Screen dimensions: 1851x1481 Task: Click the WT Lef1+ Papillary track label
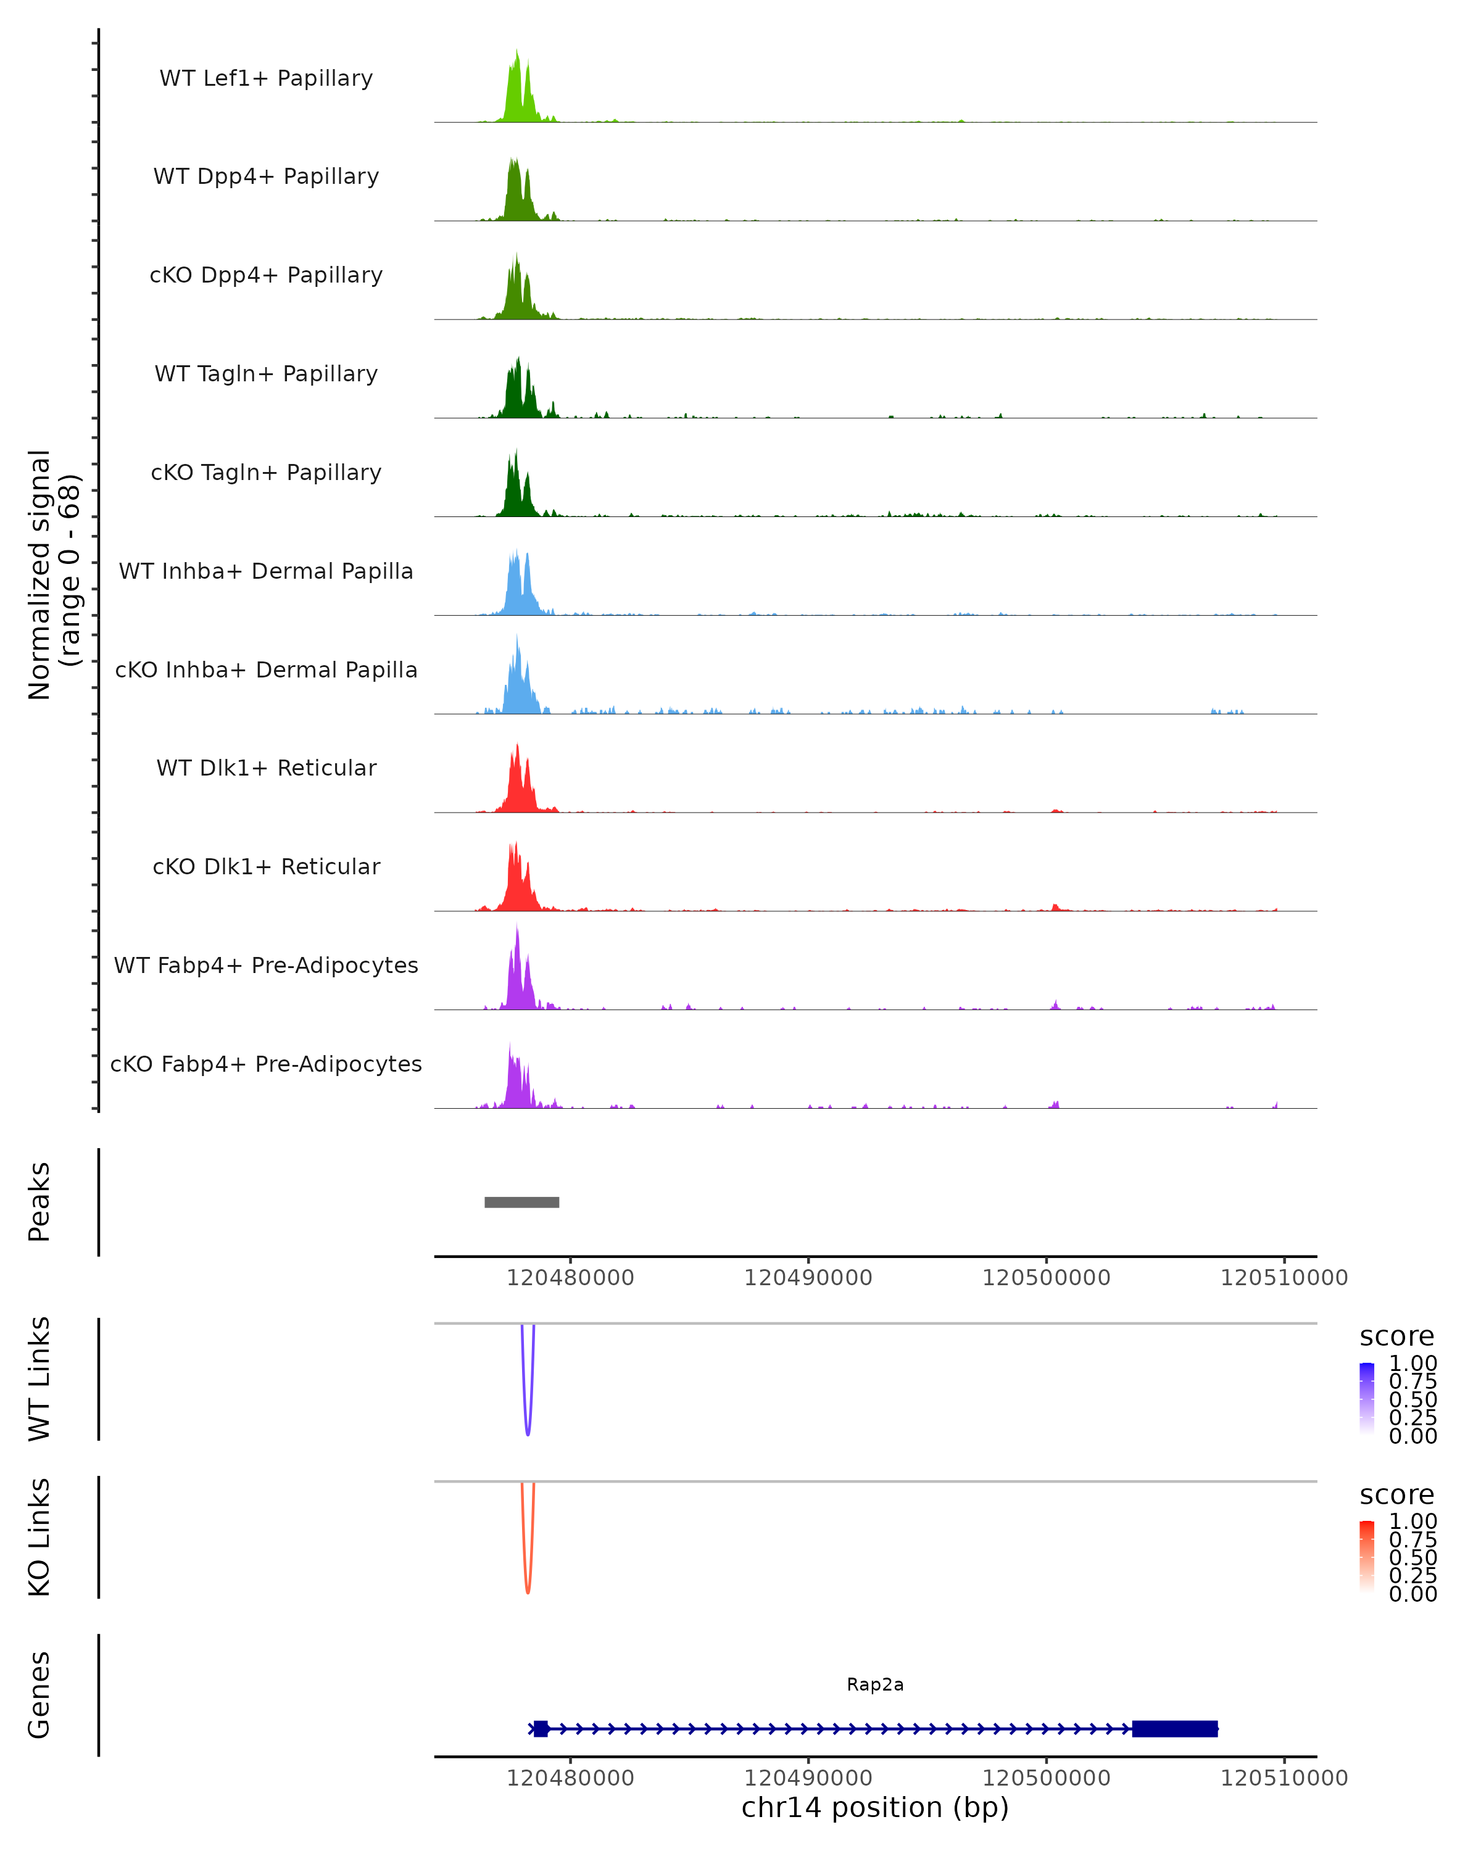tap(266, 78)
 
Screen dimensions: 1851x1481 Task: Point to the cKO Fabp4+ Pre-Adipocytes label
tap(266, 1064)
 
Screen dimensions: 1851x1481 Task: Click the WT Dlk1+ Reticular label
tap(266, 768)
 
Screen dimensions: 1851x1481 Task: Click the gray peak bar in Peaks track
tap(521, 1202)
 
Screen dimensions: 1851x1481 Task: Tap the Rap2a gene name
tap(875, 1684)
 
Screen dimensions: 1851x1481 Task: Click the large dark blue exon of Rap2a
tap(1174, 1728)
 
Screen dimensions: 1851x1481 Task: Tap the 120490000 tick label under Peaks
tap(808, 1278)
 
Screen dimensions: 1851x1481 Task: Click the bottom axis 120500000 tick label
tap(1046, 1778)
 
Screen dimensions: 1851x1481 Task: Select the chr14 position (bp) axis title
tap(875, 1808)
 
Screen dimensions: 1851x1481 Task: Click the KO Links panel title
tap(39, 1537)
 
